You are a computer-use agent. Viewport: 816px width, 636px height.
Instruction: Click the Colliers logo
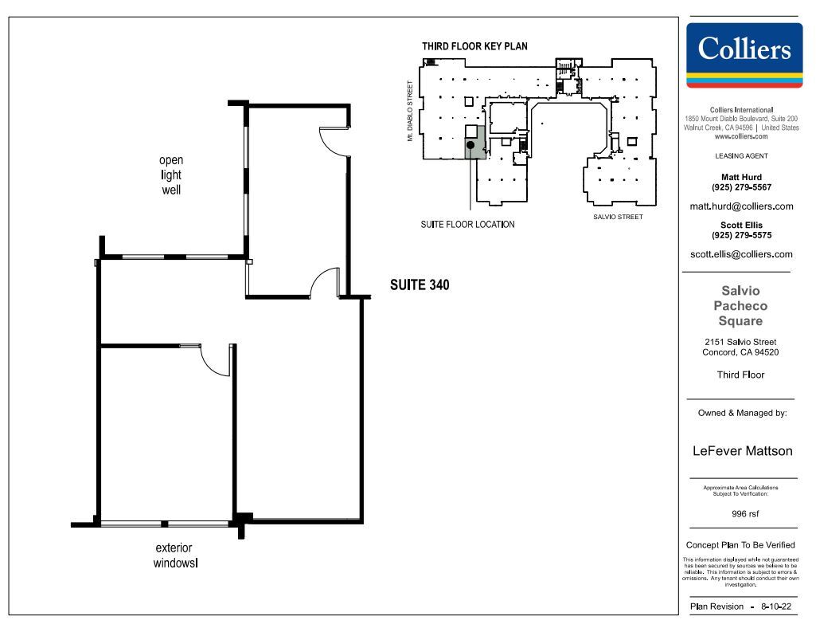coord(744,55)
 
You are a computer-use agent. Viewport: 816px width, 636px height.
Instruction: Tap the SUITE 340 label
coord(420,285)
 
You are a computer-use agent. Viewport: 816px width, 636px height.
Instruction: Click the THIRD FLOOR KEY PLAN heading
coord(474,46)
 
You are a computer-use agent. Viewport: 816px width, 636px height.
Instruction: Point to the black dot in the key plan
coord(471,145)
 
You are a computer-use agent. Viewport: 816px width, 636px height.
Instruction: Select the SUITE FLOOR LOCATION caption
coord(467,225)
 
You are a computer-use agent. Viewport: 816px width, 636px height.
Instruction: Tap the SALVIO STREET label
coord(618,217)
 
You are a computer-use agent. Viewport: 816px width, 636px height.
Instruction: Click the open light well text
coord(171,175)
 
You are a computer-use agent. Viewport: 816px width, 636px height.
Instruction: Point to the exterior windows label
coord(174,556)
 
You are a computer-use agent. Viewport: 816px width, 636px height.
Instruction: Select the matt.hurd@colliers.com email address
coord(741,206)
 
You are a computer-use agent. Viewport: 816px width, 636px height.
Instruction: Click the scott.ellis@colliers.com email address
coord(741,254)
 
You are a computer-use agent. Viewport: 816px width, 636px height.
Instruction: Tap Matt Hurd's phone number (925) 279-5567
coord(741,187)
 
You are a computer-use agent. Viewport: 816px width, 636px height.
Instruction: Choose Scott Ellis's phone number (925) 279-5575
coord(741,235)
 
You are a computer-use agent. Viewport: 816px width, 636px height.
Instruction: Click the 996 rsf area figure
coord(745,514)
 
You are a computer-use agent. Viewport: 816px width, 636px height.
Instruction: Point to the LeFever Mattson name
coord(743,451)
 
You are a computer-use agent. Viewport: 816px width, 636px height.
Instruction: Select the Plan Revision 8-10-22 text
coord(741,607)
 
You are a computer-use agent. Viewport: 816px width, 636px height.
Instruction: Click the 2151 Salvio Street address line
coord(741,342)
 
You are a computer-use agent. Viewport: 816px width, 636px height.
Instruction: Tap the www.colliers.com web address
coord(741,136)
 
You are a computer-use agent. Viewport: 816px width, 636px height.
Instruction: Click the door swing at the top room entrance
coord(333,141)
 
